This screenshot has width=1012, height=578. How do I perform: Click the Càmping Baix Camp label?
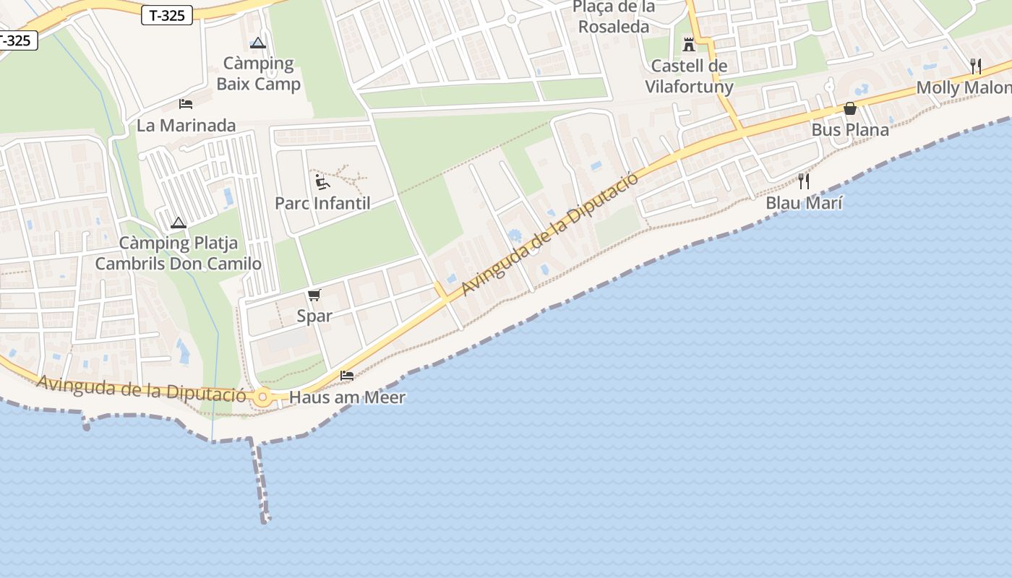coord(258,74)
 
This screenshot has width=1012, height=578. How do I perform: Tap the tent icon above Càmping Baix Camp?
coord(258,43)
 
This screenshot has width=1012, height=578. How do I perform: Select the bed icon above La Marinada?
coord(186,104)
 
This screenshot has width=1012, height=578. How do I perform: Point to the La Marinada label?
coord(186,126)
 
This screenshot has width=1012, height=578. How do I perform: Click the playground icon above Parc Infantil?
coord(322,181)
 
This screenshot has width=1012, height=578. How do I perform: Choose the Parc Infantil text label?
coord(322,203)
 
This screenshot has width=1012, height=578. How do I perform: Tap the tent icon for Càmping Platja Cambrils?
coord(179,223)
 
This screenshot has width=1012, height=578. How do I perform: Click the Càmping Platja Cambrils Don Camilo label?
coord(179,253)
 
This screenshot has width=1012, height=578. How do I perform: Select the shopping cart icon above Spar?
coord(314,295)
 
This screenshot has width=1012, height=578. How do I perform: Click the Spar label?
coord(314,316)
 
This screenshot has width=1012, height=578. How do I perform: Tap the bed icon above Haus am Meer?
coord(347,376)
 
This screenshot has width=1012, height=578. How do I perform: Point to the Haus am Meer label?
coord(347,397)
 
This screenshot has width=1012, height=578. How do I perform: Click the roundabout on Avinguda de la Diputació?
coord(262,397)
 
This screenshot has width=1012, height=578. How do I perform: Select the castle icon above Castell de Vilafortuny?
coord(689,45)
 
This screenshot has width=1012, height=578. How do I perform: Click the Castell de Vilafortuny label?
coord(689,77)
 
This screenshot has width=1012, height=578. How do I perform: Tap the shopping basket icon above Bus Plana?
coord(850,109)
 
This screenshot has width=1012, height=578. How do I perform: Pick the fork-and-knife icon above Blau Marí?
coord(804,181)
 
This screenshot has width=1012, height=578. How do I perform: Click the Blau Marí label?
coord(804,203)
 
